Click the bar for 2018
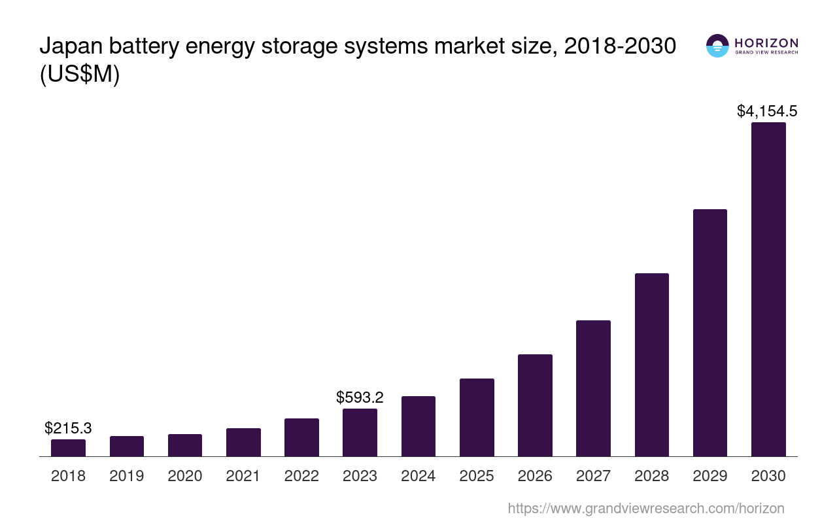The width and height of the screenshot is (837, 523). coord(68,448)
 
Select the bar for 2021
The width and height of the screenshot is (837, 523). coord(243,443)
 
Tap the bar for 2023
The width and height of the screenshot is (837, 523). coord(360,433)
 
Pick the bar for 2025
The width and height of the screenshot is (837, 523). coord(477,418)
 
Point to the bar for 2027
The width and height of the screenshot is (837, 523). coord(593,388)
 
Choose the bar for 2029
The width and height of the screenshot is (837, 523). coord(709,333)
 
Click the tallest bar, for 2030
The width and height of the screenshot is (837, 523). coord(768,290)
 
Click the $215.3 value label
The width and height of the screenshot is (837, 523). coord(68,428)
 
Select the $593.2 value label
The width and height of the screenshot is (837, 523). coord(360,397)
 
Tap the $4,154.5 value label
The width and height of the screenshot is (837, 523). coord(767,111)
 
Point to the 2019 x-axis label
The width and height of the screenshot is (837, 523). coord(126,476)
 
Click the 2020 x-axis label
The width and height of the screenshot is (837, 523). coord(185,476)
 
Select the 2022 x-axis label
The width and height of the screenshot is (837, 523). coord(301,476)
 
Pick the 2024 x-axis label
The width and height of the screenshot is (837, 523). coord(418,476)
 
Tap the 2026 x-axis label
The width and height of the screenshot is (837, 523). coord(535,476)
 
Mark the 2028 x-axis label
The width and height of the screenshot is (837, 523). coord(651,476)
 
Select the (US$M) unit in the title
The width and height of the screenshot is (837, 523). coord(80,75)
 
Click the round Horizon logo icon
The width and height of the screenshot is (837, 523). coord(717,46)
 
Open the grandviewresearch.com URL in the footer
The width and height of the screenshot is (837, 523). coord(645,508)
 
